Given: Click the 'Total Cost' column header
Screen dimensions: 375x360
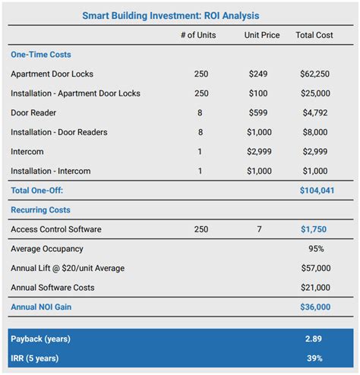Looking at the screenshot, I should (314, 35).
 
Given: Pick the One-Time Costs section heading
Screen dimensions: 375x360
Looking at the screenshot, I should (41, 55).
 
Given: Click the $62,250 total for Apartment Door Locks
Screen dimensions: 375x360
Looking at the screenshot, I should (314, 74).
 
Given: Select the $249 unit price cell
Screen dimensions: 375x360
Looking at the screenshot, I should (260, 74).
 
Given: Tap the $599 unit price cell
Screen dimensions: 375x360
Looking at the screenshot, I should (260, 113).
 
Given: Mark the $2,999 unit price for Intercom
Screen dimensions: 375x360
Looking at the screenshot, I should (260, 152).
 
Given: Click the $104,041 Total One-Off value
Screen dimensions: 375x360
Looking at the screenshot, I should (317, 191).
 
